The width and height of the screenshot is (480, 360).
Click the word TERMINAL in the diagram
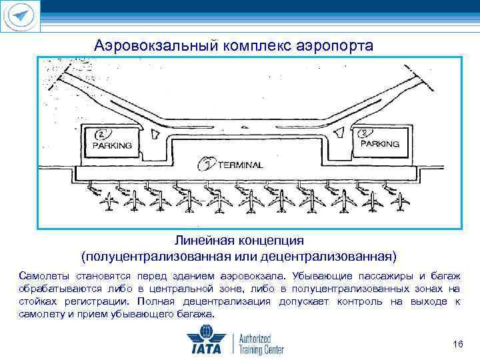coord(240,165)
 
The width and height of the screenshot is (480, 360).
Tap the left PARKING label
coord(112,145)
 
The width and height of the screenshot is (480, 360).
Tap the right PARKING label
coord(380,143)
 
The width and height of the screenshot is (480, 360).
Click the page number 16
coord(457,344)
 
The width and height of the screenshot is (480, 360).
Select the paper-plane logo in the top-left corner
coord(21,16)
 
